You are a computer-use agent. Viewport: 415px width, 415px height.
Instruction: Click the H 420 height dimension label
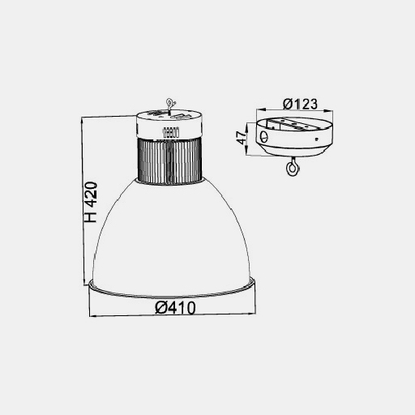click(91, 202)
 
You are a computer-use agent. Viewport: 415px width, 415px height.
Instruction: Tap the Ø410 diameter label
click(175, 308)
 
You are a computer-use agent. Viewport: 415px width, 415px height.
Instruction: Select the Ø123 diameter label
click(300, 104)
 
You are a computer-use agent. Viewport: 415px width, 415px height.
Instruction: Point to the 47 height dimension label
click(242, 138)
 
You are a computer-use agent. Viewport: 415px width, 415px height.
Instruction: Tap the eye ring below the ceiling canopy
click(292, 169)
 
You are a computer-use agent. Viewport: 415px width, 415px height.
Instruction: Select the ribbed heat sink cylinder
click(169, 161)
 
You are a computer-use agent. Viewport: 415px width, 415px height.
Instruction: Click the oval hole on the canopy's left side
click(264, 137)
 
